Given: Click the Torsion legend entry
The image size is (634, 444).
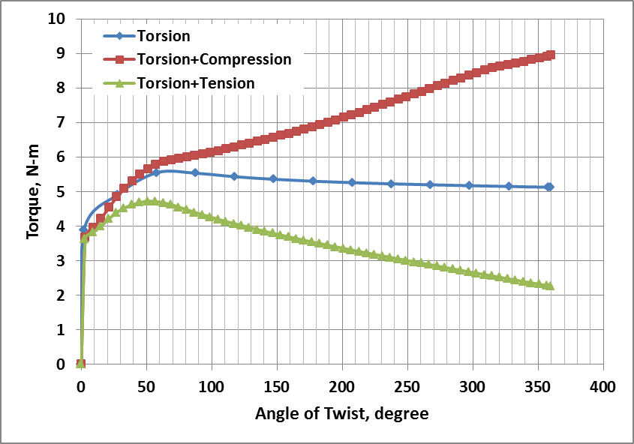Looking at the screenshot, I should tap(164, 36).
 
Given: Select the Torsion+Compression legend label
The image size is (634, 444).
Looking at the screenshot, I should tap(214, 59).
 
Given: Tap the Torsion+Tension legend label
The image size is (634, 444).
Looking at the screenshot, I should tap(196, 82).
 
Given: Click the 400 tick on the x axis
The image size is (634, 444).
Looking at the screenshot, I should tap(602, 387).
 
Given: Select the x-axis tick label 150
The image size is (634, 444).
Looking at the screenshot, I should tap(276, 387).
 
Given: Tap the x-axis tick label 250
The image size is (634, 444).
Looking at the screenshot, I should tap(407, 387).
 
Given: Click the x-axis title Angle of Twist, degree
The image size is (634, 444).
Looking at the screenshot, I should tap(341, 413).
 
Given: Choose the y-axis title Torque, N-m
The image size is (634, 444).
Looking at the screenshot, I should tap(33, 191).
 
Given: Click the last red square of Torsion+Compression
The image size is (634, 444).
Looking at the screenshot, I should tap(550, 55).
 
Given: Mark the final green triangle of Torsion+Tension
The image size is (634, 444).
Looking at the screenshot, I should tap(550, 286).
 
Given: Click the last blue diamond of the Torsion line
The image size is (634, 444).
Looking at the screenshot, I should tap(549, 187).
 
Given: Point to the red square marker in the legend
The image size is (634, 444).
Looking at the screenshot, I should tap(120, 59).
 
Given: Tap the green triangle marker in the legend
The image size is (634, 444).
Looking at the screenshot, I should tap(120, 82).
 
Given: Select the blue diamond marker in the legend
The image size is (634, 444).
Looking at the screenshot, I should tap(120, 36).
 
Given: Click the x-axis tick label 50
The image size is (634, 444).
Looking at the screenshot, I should tap(146, 387).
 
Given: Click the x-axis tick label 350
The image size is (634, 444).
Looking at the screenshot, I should tap(537, 387).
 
